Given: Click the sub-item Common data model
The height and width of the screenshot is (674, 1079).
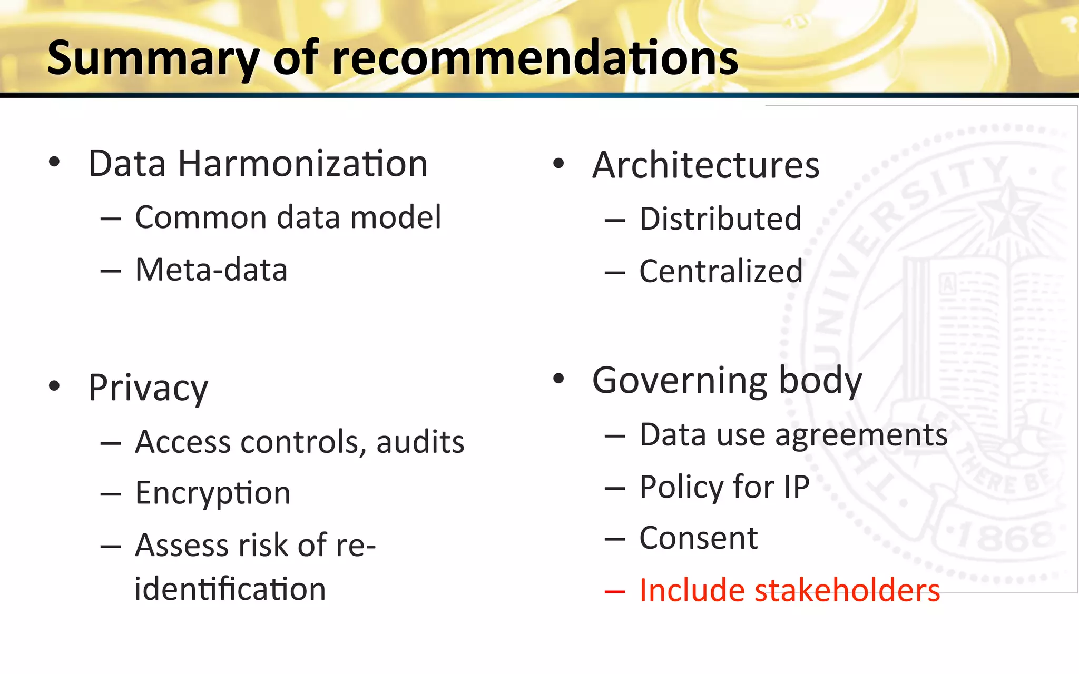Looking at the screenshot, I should (288, 217).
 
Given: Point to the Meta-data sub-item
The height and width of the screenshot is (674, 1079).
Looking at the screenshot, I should (211, 270).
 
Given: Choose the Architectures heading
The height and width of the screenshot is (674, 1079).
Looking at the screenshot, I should (705, 165).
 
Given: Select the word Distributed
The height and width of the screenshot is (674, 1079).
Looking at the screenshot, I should (720, 219).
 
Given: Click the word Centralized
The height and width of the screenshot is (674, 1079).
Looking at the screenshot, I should (721, 271).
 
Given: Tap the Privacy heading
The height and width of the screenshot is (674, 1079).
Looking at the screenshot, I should (148, 388).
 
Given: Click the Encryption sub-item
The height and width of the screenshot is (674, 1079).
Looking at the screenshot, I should (213, 493).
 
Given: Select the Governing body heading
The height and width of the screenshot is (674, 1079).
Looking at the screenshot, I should (727, 380).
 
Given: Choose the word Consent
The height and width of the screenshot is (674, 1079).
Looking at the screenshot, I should (698, 538).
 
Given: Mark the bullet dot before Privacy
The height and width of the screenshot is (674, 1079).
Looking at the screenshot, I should (54, 386).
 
